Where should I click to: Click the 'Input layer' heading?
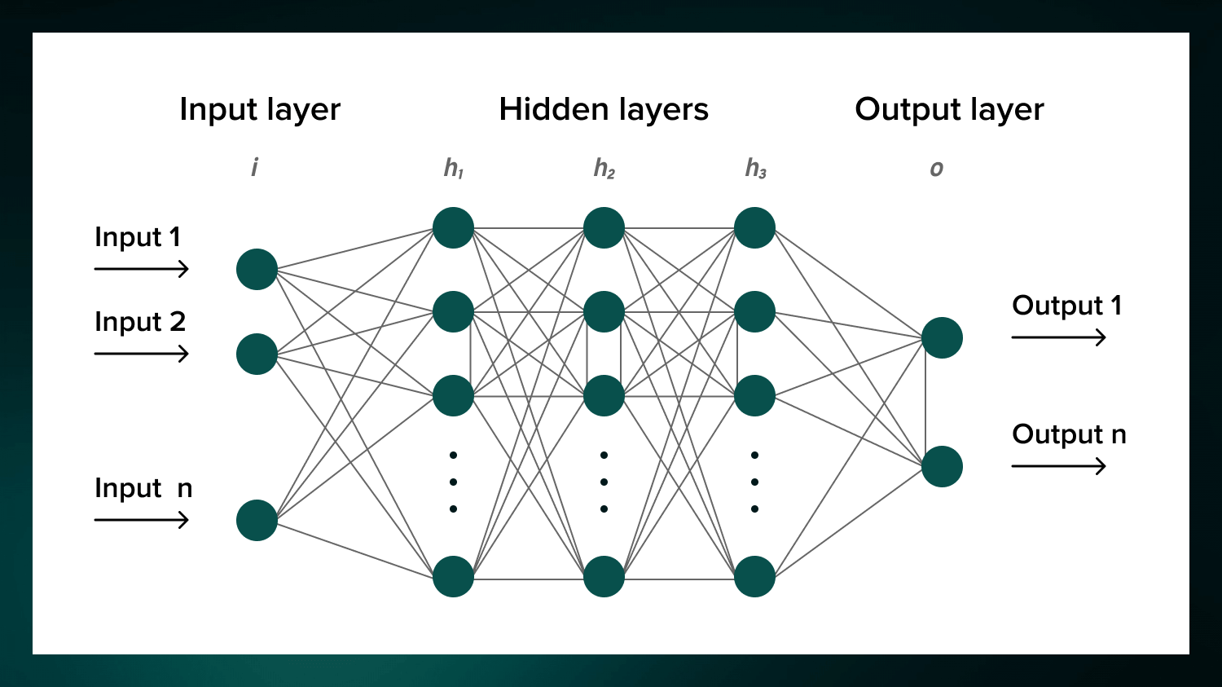pos(260,109)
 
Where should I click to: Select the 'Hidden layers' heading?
pos(604,109)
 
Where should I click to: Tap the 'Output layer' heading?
pos(949,109)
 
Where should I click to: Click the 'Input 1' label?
pos(138,237)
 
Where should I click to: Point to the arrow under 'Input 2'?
pos(142,354)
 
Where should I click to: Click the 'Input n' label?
pos(143,488)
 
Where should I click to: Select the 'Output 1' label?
pos(1066,306)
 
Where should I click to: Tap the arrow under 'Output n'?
pos(1058,466)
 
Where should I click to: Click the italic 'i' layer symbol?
pos(254,168)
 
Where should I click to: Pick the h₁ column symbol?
pos(454,169)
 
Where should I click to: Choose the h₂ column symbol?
pos(604,169)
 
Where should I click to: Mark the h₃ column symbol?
pos(755,169)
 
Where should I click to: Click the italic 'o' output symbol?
pos(937,169)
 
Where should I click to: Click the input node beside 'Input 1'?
pos(257,269)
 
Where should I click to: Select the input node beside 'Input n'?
pos(257,520)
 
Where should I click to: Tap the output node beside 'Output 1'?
pos(942,337)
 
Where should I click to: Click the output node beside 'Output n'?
pos(942,466)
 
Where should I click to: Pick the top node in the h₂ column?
pos(604,227)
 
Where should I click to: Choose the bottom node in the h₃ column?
pos(754,576)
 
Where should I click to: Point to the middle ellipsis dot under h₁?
pos(453,482)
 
